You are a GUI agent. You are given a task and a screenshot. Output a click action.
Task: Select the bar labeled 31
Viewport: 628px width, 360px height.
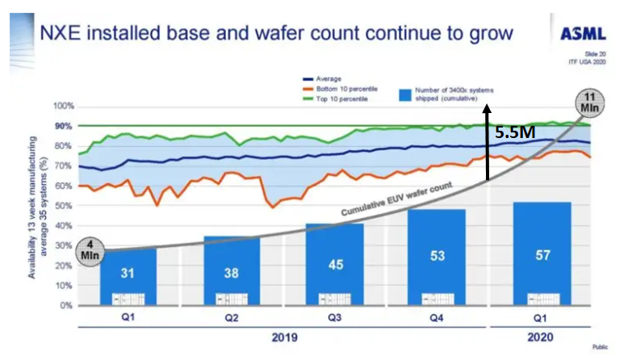(x=128, y=274)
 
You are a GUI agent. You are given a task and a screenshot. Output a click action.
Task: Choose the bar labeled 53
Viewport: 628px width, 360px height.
(x=438, y=257)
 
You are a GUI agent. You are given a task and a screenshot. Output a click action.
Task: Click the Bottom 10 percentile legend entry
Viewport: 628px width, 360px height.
(x=344, y=89)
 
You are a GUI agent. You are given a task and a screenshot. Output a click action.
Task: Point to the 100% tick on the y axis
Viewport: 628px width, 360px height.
(x=64, y=107)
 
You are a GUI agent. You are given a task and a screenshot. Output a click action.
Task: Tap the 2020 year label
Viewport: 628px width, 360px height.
(x=542, y=336)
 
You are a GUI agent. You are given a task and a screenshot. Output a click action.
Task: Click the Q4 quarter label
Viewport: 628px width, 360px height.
(x=437, y=318)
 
